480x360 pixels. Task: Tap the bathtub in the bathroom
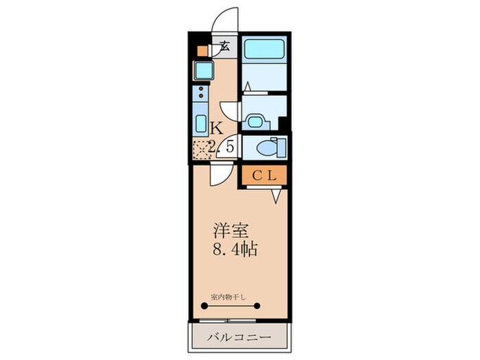265,49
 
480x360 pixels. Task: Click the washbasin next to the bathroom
255,121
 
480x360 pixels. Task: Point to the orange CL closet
263,176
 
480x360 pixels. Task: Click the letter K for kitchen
216,128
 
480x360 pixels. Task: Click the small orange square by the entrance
202,50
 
